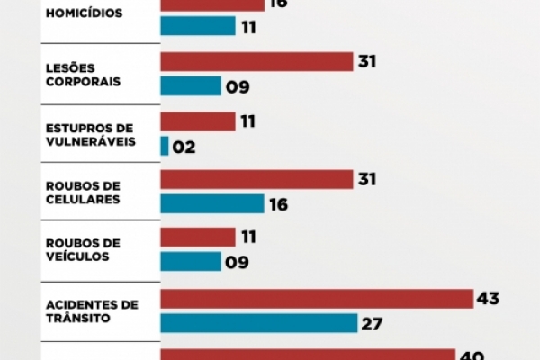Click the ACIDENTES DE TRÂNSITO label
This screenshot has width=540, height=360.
coord(91,310)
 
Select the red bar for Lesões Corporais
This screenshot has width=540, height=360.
coord(256,61)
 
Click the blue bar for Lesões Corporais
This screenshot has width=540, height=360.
coord(191,86)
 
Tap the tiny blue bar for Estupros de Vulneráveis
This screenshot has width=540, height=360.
coord(165,146)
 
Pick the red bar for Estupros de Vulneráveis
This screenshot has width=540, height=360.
coord(198,121)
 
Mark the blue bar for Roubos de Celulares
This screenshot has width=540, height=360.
coord(212,204)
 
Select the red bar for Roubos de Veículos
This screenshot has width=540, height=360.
coord(198,238)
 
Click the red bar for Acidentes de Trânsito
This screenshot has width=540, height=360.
coord(317,298)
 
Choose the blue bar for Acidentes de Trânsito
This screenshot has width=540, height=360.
coord(258,323)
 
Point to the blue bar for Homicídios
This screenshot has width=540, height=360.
coord(198,26)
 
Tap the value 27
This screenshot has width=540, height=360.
coord(372,324)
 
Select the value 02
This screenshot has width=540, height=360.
coord(184,147)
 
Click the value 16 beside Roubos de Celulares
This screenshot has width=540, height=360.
coord(278,205)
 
